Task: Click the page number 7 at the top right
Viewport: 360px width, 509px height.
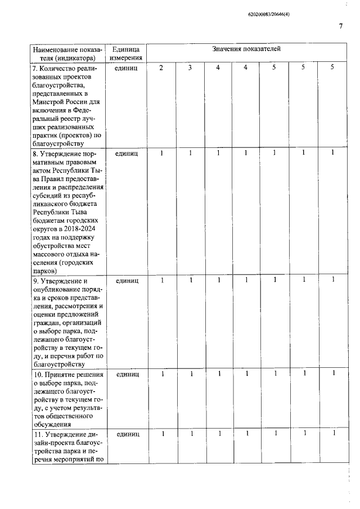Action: click(341, 26)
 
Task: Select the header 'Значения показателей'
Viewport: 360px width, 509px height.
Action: click(246, 49)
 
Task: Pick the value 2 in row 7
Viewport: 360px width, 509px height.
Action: click(162, 67)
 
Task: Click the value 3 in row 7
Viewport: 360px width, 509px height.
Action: click(190, 67)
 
